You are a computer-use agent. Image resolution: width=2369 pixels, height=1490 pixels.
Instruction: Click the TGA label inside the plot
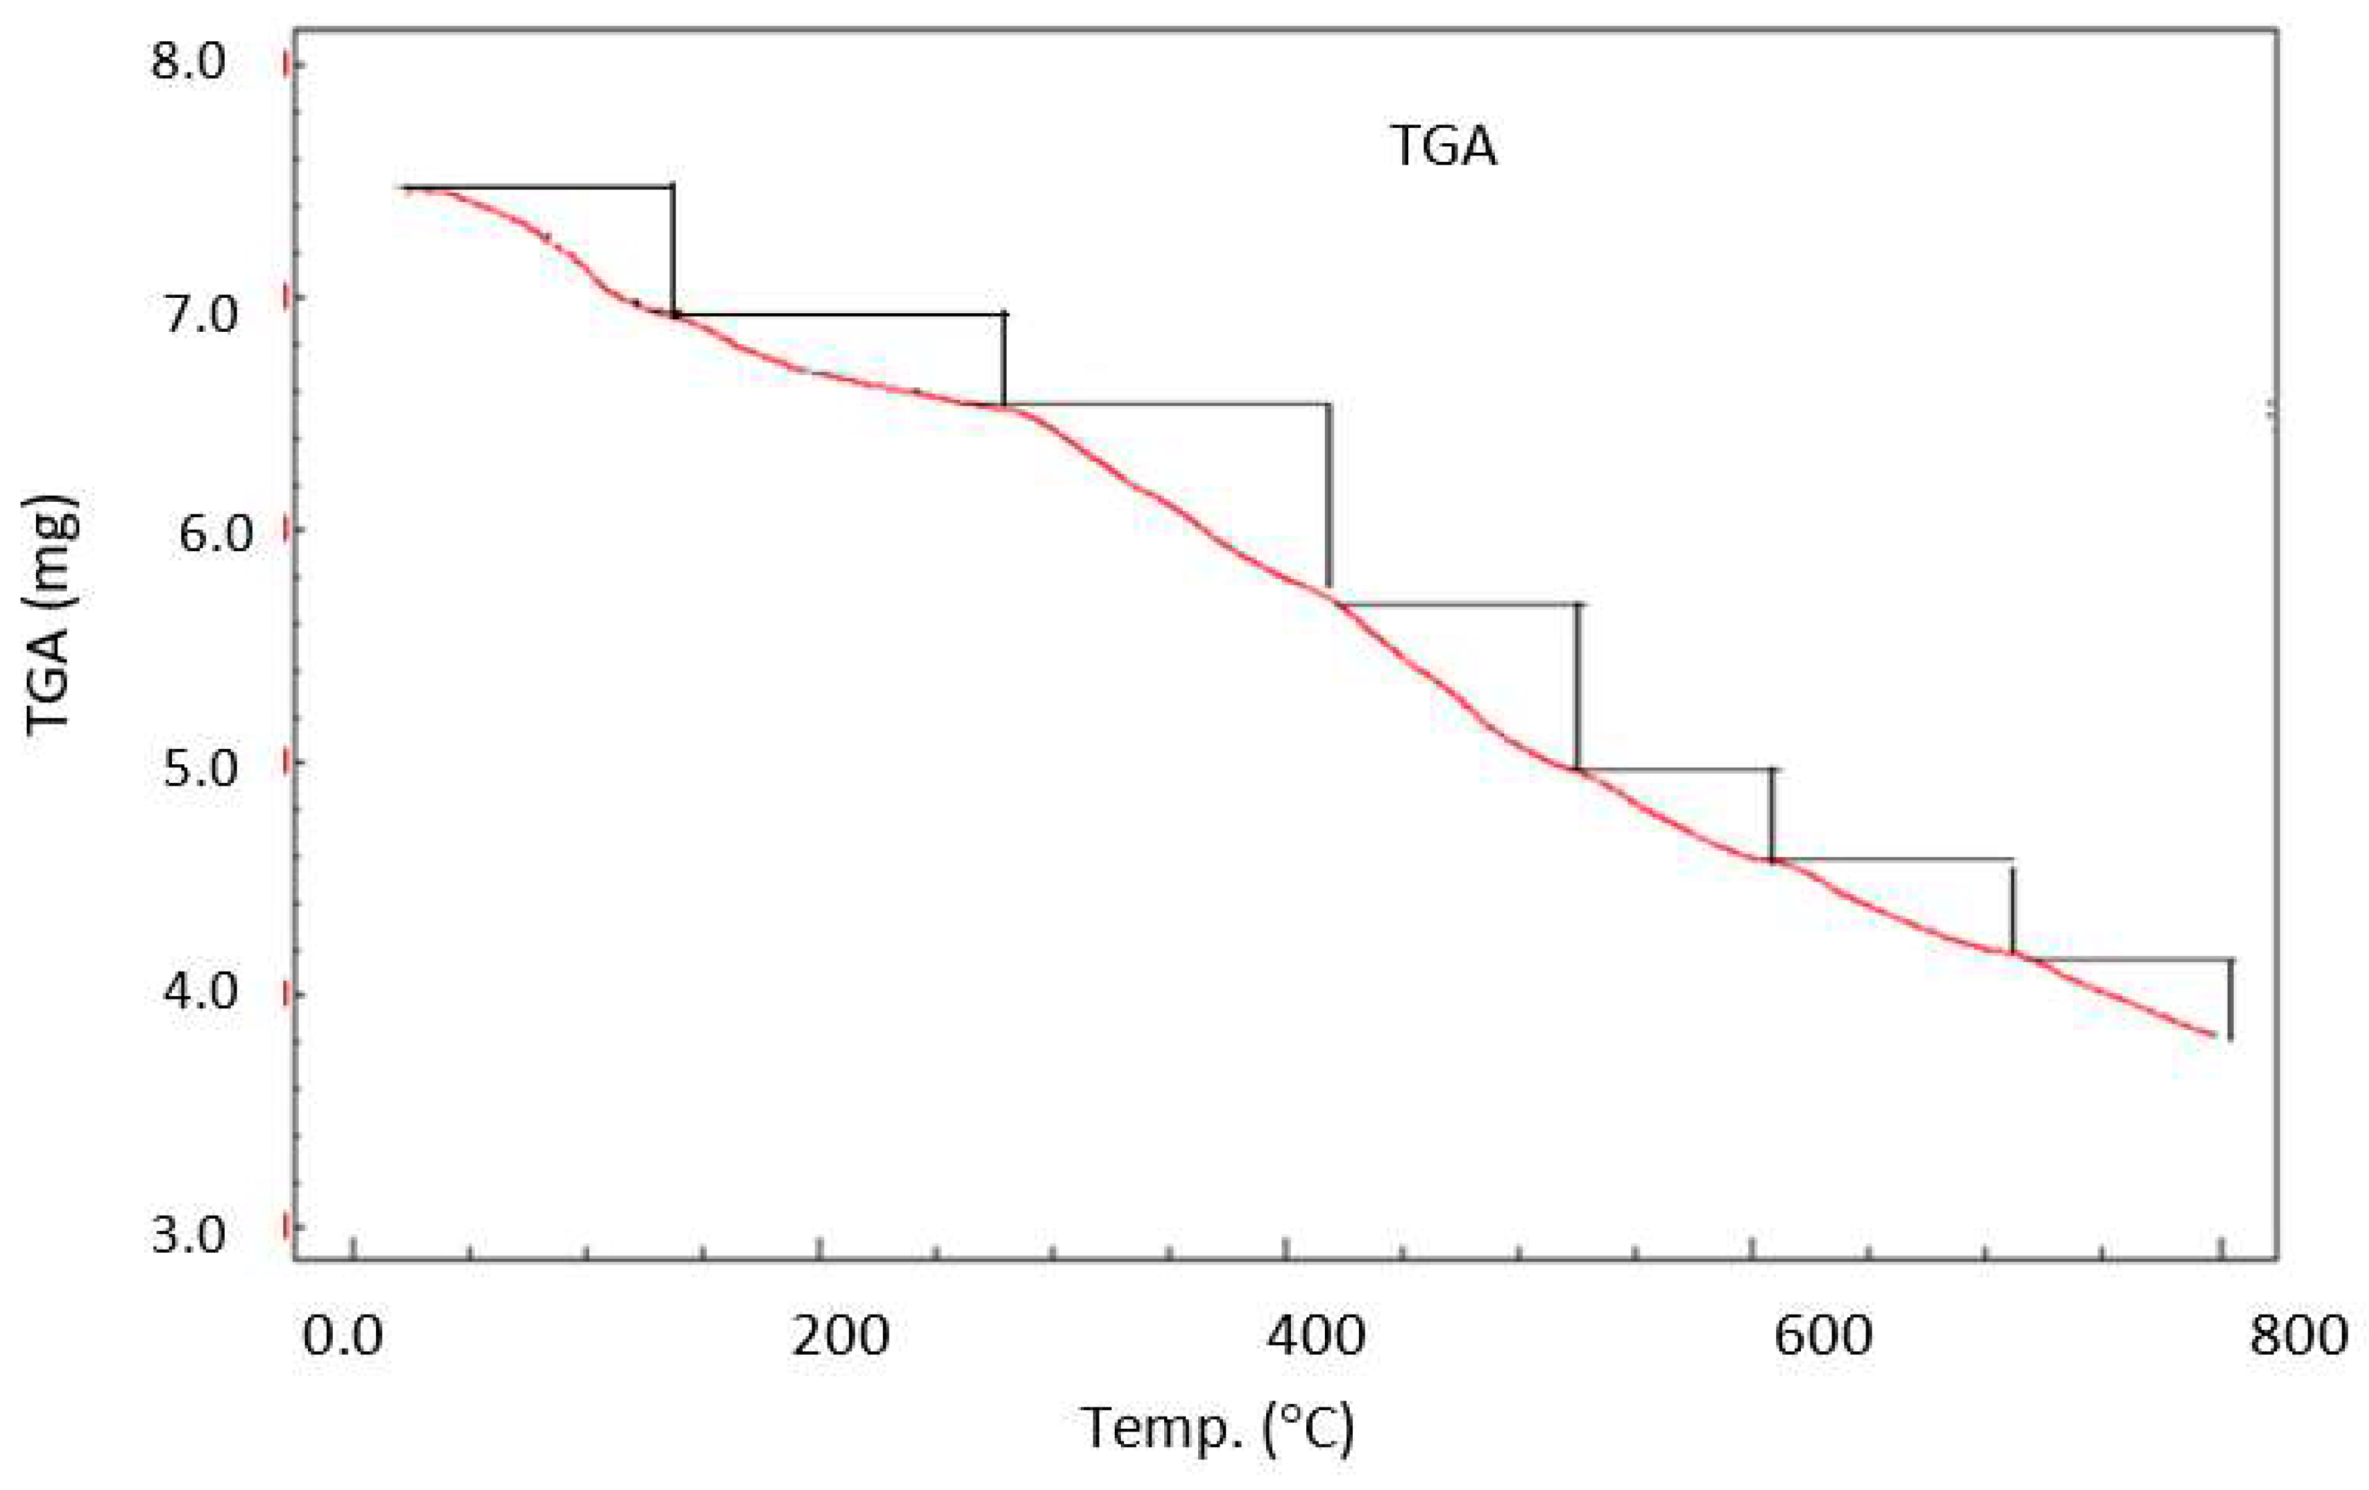(x=1442, y=147)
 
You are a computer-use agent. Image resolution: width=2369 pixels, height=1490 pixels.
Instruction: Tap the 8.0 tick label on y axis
(x=187, y=64)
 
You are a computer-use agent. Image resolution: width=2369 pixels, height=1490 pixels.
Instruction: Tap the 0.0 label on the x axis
(x=341, y=1337)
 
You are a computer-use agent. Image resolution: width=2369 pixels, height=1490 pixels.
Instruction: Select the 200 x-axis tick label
(x=840, y=1337)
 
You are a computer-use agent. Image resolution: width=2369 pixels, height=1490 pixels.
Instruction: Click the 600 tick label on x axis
(x=1822, y=1337)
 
